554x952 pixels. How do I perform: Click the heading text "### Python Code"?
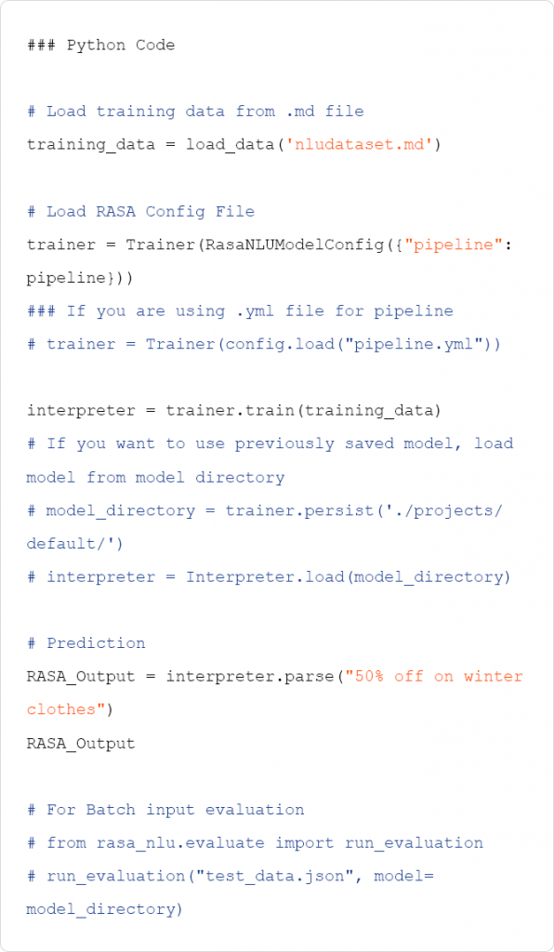click(100, 45)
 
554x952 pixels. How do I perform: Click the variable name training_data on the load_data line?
click(91, 145)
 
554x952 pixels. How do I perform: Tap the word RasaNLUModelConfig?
click(295, 245)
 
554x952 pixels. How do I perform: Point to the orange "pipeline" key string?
click(450, 245)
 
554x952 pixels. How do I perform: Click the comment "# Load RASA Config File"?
click(140, 212)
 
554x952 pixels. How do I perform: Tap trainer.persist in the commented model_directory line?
click(299, 510)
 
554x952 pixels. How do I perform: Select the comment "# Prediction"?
click(86, 643)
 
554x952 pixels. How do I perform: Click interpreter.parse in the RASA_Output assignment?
click(250, 677)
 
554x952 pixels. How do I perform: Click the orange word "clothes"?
click(61, 709)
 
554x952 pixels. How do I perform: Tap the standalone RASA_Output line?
click(81, 743)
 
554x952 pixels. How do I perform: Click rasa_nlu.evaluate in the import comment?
click(180, 842)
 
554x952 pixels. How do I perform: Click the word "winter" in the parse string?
click(494, 677)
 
